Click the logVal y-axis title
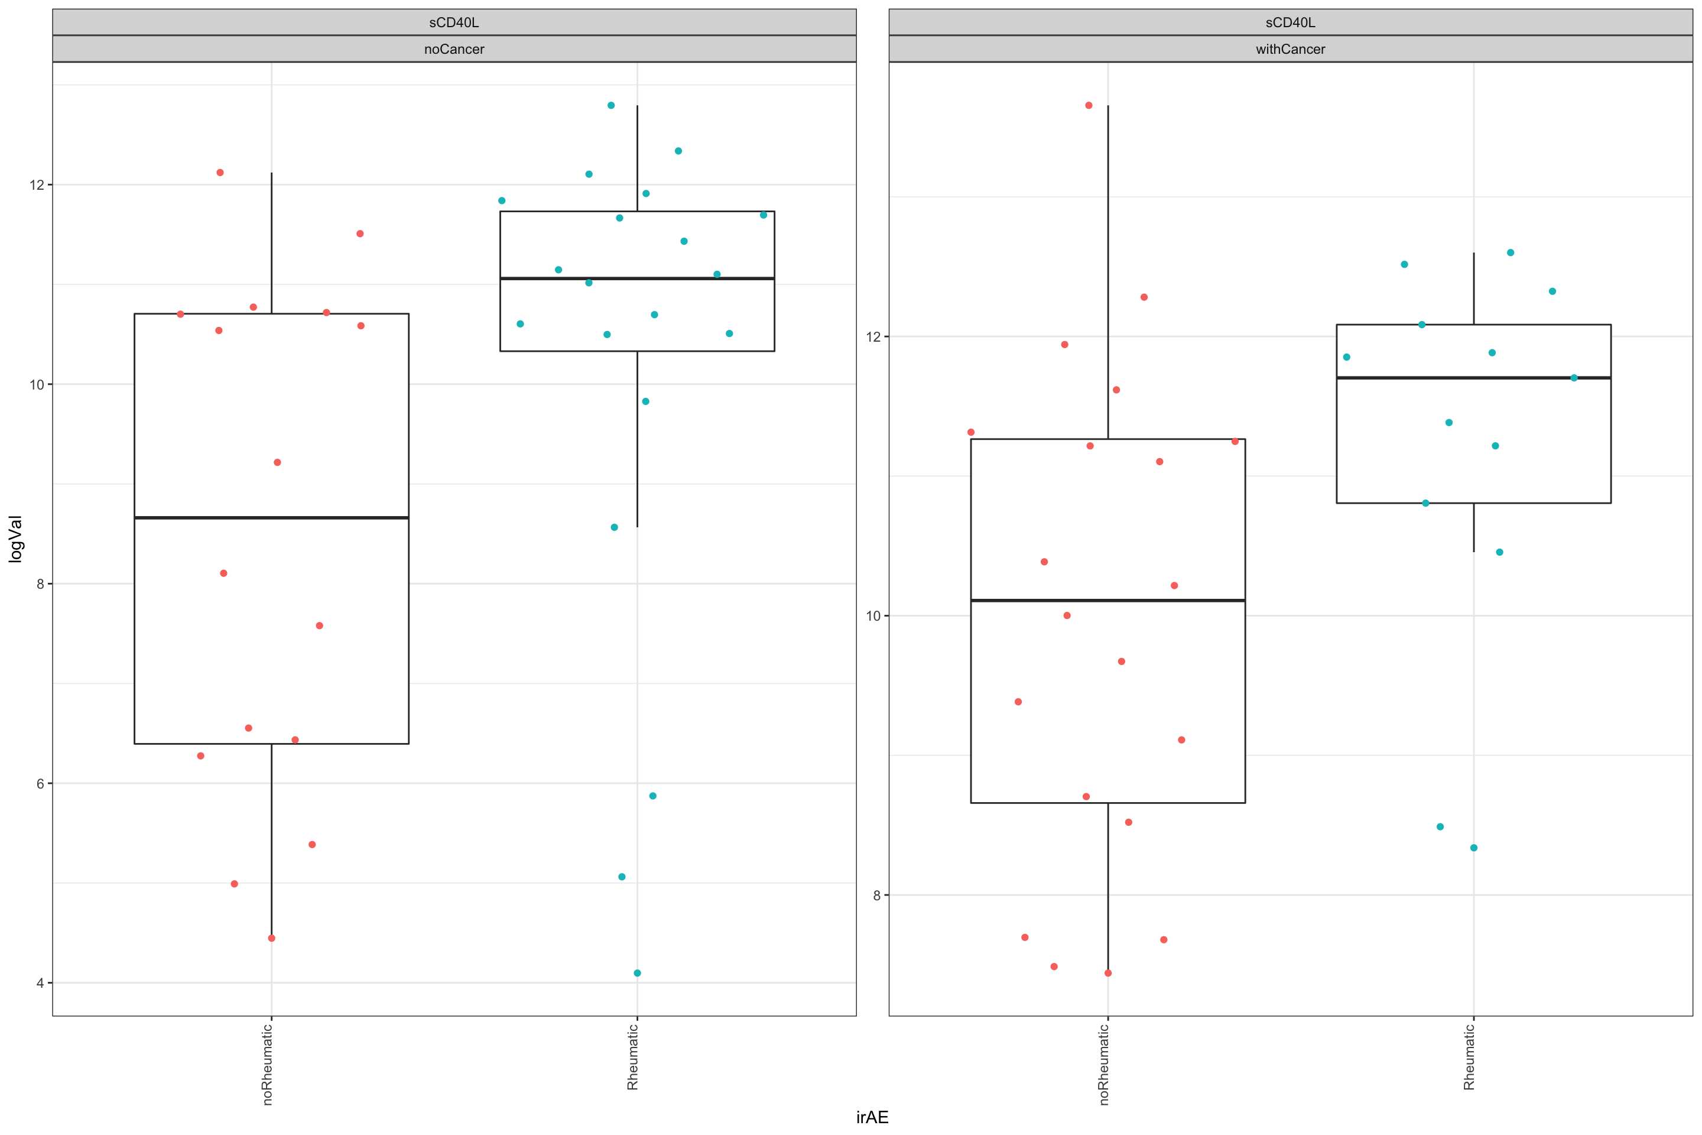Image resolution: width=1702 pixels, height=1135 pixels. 15,539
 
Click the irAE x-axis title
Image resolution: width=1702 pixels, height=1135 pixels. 872,1117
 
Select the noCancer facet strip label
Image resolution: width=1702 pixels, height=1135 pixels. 454,49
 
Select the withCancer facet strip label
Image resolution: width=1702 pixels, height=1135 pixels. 1290,49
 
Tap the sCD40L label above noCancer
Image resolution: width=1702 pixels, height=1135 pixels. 454,22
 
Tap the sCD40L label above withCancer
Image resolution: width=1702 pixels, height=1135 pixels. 1290,22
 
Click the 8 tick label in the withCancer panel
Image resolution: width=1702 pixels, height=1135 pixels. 876,896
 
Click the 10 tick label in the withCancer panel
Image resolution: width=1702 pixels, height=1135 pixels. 873,616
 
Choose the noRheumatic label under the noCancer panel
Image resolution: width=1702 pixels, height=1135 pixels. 268,1064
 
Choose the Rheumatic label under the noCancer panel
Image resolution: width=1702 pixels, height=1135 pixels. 632,1057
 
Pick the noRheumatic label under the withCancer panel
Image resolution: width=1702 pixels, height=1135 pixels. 1105,1064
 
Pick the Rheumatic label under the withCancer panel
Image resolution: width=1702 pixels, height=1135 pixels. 1469,1057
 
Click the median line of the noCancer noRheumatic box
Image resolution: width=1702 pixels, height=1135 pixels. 271,518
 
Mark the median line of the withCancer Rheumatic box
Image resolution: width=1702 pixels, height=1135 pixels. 1473,378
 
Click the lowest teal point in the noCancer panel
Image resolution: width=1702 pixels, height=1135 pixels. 638,973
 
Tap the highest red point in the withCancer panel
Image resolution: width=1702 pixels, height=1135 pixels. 1089,106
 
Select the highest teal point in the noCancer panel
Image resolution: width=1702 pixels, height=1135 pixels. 610,106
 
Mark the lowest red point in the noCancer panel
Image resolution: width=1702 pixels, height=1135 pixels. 271,938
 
